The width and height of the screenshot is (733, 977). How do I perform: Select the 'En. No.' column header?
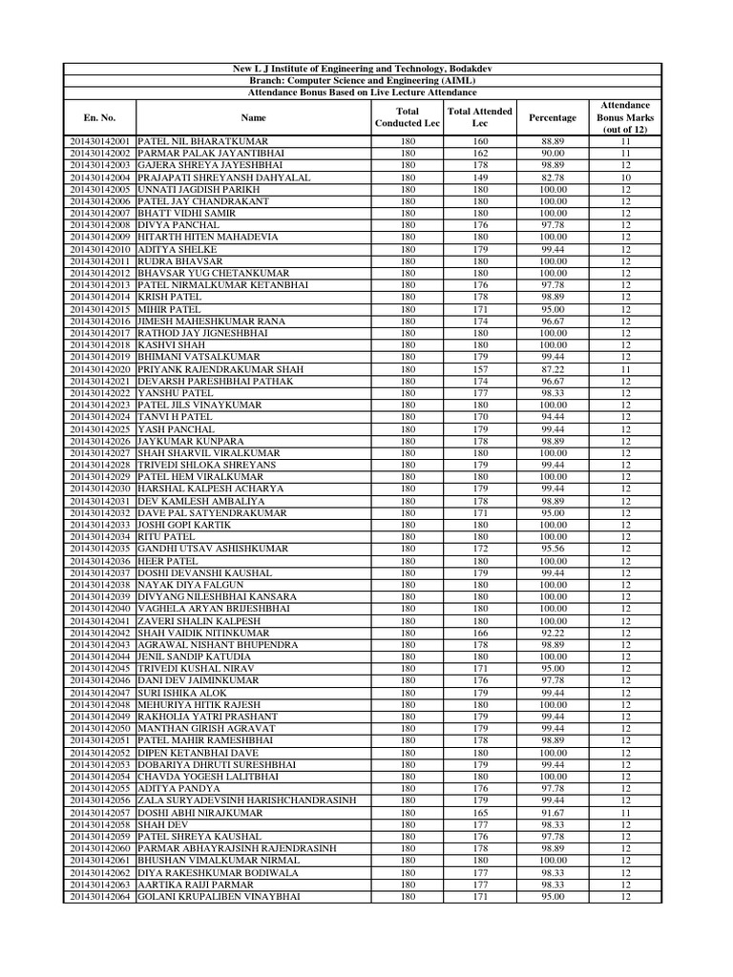(99, 117)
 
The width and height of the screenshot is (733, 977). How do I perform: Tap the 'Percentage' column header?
(552, 117)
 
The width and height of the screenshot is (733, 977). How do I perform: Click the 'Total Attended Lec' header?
(480, 117)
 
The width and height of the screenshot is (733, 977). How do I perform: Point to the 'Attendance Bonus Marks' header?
(625, 117)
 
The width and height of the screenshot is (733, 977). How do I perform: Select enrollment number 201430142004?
(99, 177)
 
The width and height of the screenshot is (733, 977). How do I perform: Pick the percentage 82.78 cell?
(552, 177)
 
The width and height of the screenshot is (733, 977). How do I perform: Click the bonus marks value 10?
(625, 177)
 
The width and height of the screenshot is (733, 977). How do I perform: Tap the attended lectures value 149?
(480, 177)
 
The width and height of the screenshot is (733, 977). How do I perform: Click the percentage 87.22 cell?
(552, 368)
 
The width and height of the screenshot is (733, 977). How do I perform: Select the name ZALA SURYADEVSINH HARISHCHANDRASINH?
(247, 800)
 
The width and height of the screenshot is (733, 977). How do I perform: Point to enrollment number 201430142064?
(99, 897)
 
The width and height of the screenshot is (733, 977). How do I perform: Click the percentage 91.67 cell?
(552, 812)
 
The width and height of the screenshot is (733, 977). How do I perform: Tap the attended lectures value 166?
(480, 633)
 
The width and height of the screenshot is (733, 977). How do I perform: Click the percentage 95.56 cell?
(552, 549)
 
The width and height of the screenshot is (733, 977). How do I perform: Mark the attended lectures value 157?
(480, 368)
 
